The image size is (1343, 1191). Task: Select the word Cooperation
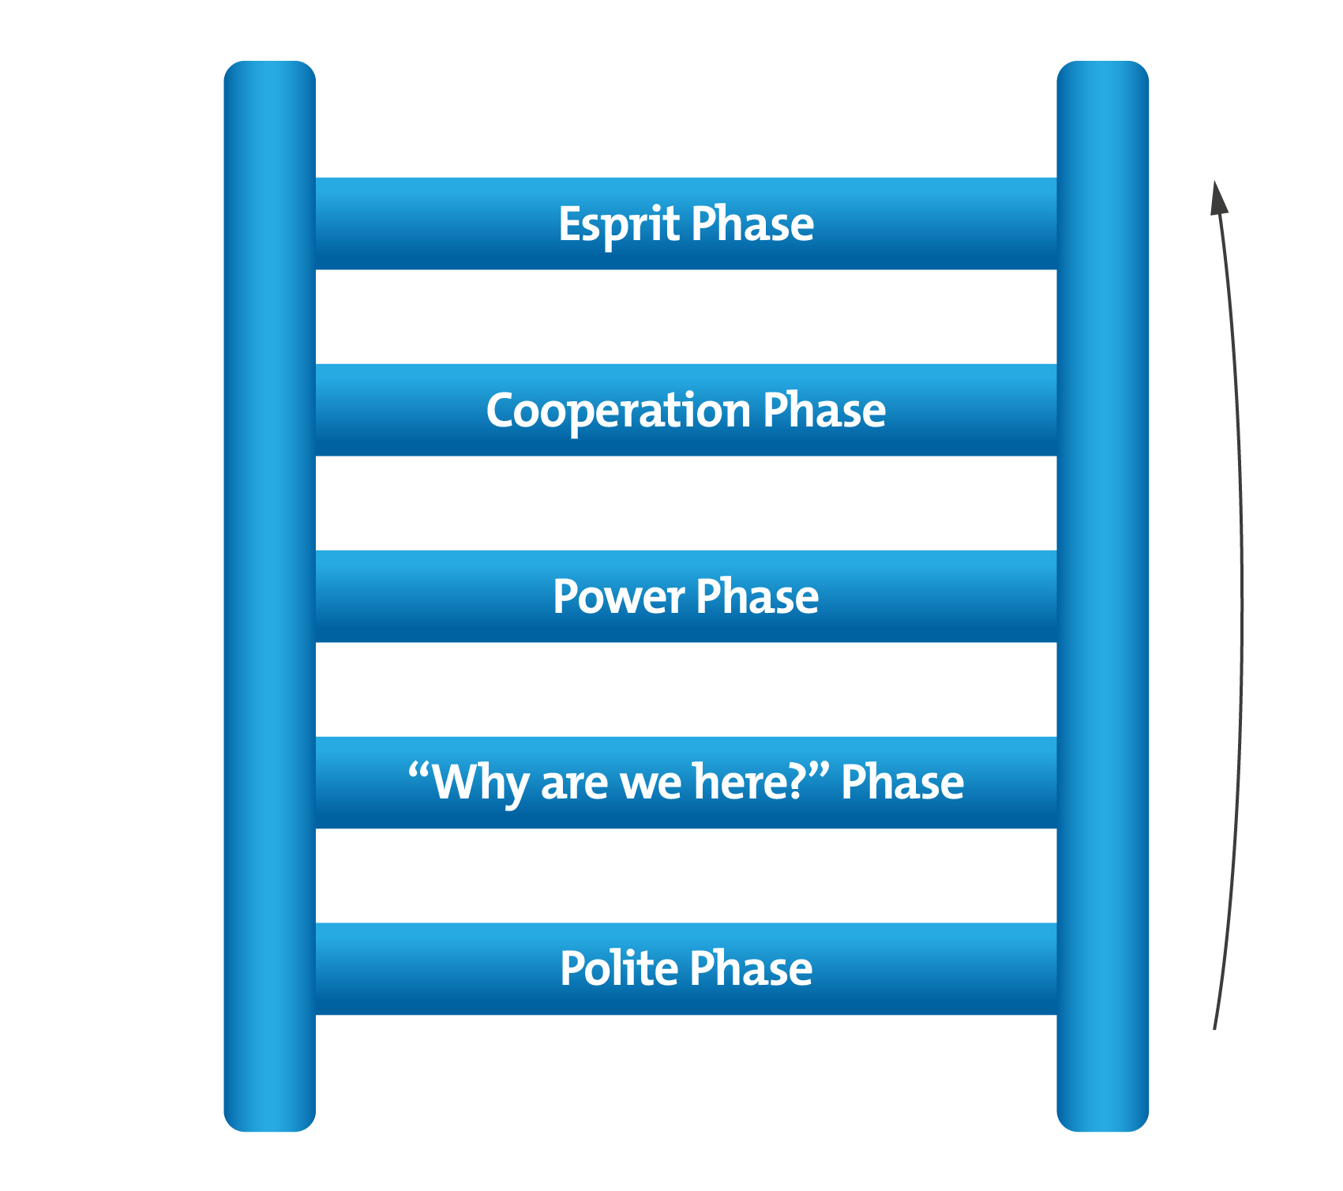618,411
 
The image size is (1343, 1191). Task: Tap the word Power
618,597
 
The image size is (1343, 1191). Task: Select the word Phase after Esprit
752,224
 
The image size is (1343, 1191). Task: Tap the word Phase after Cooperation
824,411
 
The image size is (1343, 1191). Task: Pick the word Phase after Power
757,597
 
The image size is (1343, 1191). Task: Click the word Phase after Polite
751,969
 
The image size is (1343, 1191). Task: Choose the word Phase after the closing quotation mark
902,783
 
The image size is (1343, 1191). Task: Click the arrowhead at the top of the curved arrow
1218,197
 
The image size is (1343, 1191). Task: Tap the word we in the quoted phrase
651,783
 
